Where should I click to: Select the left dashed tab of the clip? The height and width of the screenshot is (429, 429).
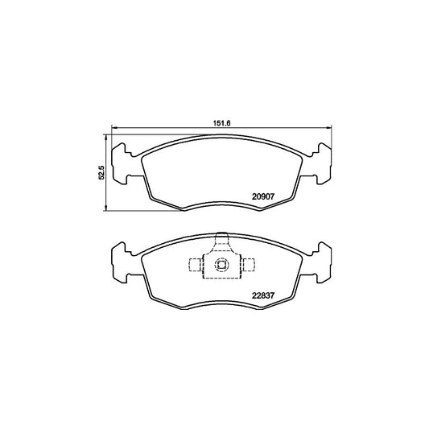point(193,265)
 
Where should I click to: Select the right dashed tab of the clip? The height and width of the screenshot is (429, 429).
point(250,265)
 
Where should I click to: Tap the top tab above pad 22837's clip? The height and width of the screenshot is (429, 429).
point(223,240)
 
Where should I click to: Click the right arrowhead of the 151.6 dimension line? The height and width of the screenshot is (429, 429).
point(331,129)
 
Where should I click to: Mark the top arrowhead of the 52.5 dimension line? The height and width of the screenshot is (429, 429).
point(107,136)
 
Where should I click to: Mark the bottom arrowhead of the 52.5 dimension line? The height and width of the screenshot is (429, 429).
point(107,211)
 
